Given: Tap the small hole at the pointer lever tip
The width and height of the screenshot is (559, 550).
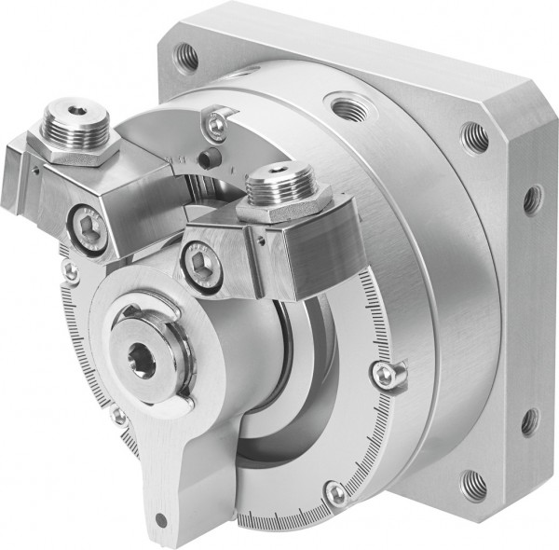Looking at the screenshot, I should coord(164,518).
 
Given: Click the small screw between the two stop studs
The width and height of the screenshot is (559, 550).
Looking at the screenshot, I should coord(216,121).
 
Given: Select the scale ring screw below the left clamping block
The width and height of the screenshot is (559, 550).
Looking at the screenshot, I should coord(70,271).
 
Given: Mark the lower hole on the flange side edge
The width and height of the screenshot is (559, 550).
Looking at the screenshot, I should coord(530,419).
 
